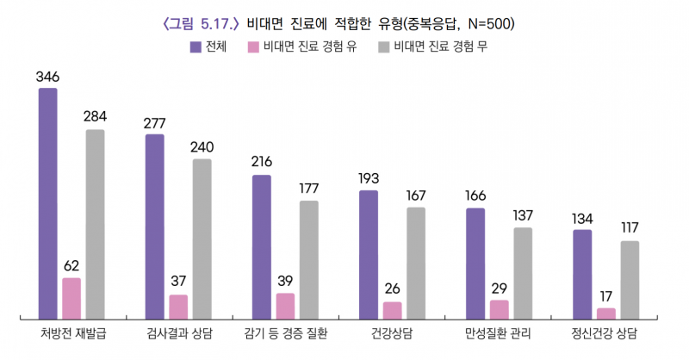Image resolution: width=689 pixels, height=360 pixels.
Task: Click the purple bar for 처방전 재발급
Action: [x=48, y=203]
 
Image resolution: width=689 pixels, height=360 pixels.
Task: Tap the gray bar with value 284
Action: [x=95, y=224]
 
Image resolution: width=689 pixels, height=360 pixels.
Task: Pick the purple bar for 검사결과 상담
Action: [x=155, y=227]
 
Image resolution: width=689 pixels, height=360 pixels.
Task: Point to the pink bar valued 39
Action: [x=285, y=306]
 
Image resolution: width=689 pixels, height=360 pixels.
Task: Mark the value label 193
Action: [x=369, y=179]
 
